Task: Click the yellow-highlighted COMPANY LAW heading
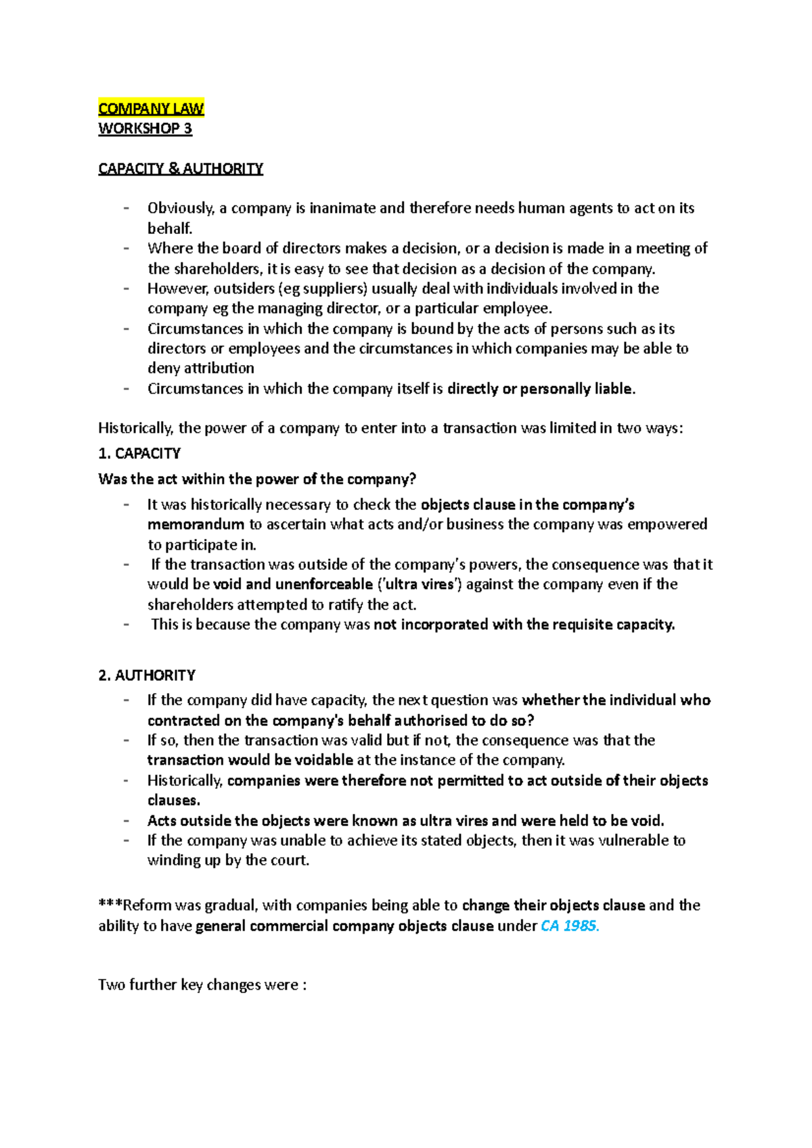pos(151,109)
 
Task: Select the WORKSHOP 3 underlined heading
pos(145,128)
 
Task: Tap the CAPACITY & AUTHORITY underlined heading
pos(180,168)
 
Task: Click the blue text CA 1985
pos(570,926)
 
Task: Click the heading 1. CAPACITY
pos(139,453)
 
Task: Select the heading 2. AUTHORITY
pos(147,675)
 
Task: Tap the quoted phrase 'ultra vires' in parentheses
pos(419,584)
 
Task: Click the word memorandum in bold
pos(196,525)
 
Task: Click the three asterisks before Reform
pos(110,905)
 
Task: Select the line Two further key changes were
pos(202,984)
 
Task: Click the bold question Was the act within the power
pos(256,479)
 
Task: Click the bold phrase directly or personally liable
pos(541,389)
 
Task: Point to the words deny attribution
pos(201,368)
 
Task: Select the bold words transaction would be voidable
pos(250,760)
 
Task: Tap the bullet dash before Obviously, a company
pos(126,208)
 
